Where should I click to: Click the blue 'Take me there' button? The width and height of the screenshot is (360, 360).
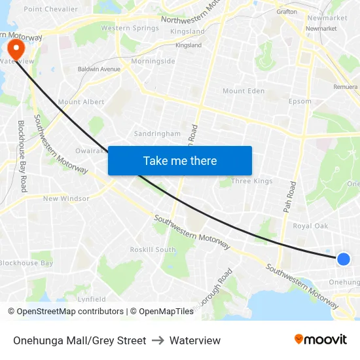pyautogui.click(x=179, y=160)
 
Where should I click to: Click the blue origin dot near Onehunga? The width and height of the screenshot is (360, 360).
pyautogui.click(x=343, y=259)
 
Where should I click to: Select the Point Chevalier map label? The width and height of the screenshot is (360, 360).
pyautogui.click(x=50, y=9)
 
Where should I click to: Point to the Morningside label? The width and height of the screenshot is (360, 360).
pyautogui.click(x=153, y=62)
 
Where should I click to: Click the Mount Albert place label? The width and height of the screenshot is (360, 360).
pyautogui.click(x=81, y=102)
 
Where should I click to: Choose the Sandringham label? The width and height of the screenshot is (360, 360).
pyautogui.click(x=157, y=134)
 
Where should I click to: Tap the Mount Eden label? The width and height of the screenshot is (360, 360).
pyautogui.click(x=243, y=91)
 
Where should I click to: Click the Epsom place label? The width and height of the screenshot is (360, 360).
pyautogui.click(x=300, y=101)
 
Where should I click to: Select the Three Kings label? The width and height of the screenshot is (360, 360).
pyautogui.click(x=252, y=181)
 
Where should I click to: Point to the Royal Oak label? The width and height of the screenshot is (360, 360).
pyautogui.click(x=310, y=226)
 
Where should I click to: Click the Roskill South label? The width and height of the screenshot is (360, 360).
pyautogui.click(x=153, y=249)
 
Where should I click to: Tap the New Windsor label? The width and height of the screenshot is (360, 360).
pyautogui.click(x=66, y=198)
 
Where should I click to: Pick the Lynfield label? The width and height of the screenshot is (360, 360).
pyautogui.click(x=92, y=299)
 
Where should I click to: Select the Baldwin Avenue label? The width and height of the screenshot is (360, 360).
pyautogui.click(x=99, y=69)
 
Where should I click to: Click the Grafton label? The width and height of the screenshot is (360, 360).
pyautogui.click(x=287, y=11)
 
